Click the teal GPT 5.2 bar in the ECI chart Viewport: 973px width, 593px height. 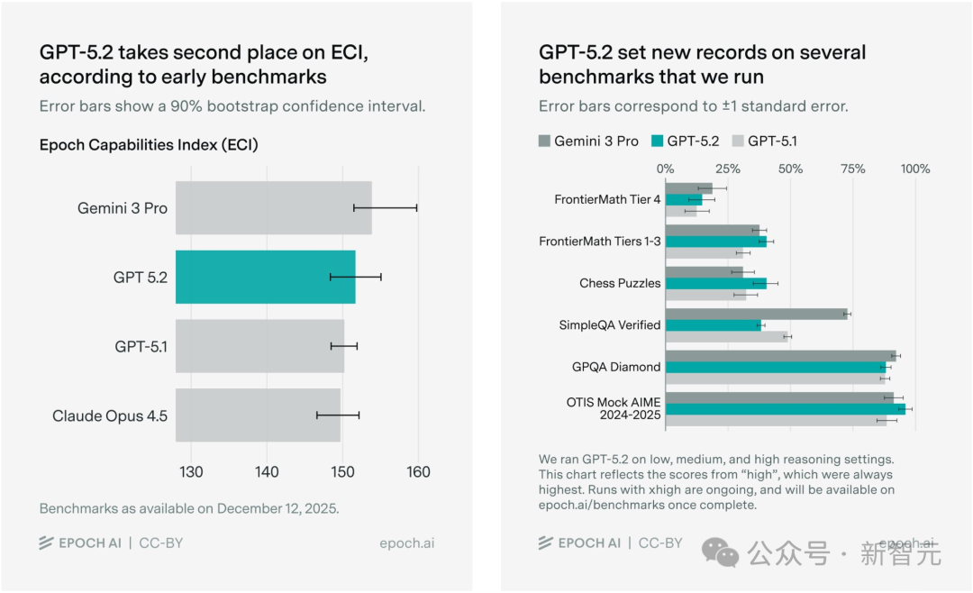(266, 277)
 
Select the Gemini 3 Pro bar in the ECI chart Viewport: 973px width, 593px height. (274, 208)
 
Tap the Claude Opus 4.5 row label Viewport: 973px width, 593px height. (110, 415)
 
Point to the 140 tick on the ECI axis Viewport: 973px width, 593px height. (267, 472)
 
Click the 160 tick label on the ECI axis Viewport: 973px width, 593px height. (418, 472)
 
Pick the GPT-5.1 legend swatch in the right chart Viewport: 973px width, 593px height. (738, 141)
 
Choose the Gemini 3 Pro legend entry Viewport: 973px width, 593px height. (588, 141)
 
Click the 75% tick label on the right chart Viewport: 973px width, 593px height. (852, 169)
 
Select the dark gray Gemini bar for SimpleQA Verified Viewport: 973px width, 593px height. (757, 315)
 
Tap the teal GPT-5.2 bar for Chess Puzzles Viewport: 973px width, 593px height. (716, 284)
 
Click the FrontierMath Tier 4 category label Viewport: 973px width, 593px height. (607, 199)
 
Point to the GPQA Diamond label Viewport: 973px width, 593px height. (616, 367)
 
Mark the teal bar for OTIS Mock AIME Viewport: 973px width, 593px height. (786, 409)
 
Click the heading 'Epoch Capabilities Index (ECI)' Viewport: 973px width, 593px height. (149, 145)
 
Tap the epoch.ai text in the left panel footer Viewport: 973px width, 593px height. (407, 543)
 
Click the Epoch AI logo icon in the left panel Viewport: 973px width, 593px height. (46, 543)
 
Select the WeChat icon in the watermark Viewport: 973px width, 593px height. (720, 552)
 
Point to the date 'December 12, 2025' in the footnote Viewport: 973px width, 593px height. (277, 508)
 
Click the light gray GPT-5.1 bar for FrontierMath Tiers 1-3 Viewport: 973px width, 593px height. (705, 253)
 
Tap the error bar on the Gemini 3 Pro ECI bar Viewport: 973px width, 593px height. (386, 208)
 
